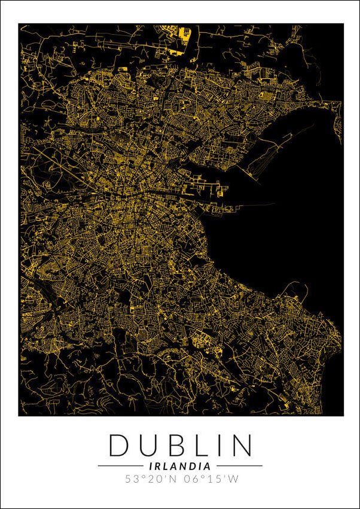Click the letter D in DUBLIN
(x=119, y=446)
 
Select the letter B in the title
(x=176, y=446)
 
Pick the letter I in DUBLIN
(x=219, y=446)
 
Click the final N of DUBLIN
(x=242, y=446)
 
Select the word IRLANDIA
(x=179, y=465)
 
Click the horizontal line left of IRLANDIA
(x=120, y=465)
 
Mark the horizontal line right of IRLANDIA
(x=239, y=465)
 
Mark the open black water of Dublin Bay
(x=287, y=227)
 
